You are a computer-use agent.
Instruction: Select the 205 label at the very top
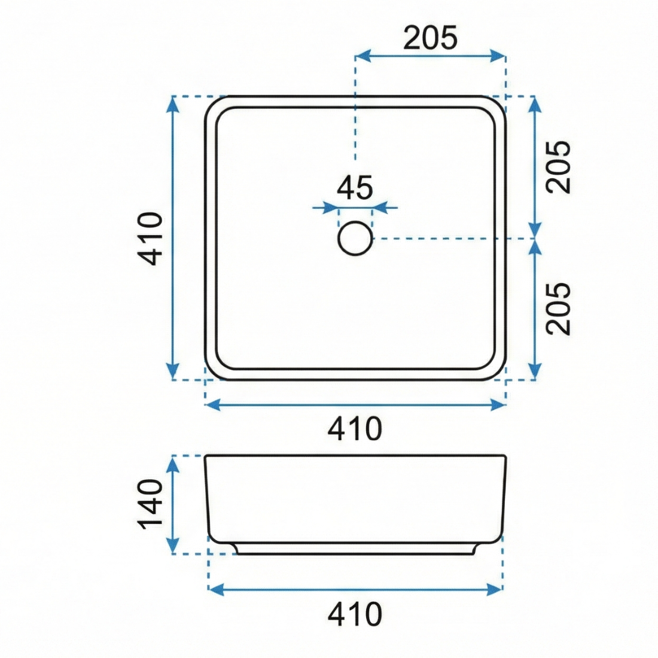pos(430,38)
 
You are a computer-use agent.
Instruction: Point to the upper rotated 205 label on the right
pos(559,167)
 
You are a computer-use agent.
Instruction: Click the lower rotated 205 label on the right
pos(559,309)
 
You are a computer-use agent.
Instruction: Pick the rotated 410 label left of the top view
pos(150,239)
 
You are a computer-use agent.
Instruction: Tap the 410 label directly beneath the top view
pos(355,428)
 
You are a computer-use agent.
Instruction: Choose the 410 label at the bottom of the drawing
pos(355,614)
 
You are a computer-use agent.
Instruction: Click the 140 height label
pos(150,504)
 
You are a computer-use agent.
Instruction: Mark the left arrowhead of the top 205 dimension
pos(362,56)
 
